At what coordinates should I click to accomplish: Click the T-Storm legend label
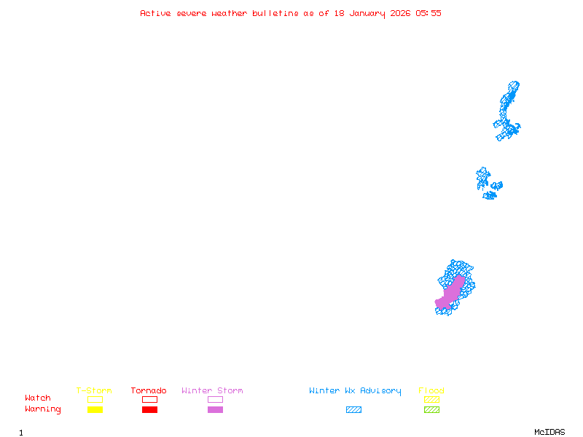point(94,391)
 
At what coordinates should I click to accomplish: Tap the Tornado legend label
point(149,391)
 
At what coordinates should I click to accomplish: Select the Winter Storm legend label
point(212,391)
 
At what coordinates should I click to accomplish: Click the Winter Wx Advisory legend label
point(355,391)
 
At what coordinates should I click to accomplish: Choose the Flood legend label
point(431,391)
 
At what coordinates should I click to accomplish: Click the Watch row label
point(38,398)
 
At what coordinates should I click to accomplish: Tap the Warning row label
point(43,409)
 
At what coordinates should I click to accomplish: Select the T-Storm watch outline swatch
point(95,399)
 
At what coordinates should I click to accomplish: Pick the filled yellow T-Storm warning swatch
point(95,409)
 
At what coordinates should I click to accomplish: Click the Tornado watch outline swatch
point(149,399)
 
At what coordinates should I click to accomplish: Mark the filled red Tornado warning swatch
point(149,409)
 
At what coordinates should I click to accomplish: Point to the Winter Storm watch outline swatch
point(215,399)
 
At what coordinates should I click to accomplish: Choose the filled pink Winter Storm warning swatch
point(215,409)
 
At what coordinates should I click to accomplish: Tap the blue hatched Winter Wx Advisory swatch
point(353,409)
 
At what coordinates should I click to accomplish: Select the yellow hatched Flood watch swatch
point(431,399)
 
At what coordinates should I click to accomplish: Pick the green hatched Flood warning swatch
point(431,409)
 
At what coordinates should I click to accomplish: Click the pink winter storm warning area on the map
point(451,291)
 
